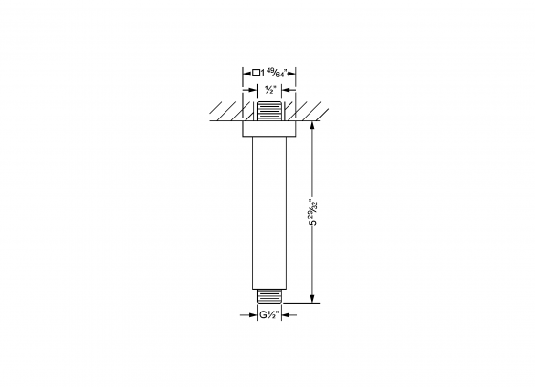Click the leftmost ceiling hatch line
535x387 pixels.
217,110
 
